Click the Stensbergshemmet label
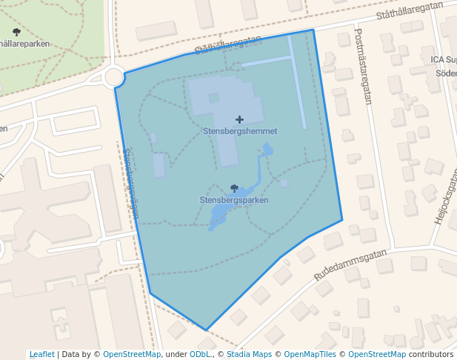pyautogui.click(x=239, y=131)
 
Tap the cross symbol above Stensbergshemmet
pyautogui.click(x=239, y=119)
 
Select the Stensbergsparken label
pyautogui.click(x=234, y=200)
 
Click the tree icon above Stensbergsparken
pyautogui.click(x=235, y=189)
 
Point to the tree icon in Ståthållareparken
pyautogui.click(x=17, y=32)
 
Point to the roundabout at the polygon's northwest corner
pyautogui.click(x=114, y=76)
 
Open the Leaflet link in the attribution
pyautogui.click(x=41, y=354)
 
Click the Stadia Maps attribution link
pyautogui.click(x=249, y=354)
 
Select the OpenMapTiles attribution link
pyautogui.click(x=312, y=354)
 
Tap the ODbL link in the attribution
pyautogui.click(x=200, y=354)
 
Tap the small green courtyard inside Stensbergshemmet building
pyautogui.click(x=214, y=98)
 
